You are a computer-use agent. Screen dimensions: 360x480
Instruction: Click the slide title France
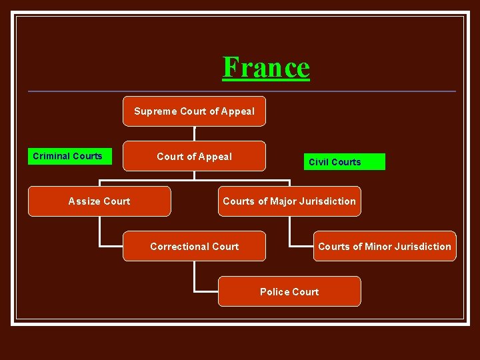(x=266, y=67)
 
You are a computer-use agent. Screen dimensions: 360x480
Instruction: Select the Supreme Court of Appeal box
(x=194, y=111)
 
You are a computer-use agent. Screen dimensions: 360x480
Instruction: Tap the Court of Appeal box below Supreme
(x=194, y=157)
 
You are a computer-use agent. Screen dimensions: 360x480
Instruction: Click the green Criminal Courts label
(x=68, y=157)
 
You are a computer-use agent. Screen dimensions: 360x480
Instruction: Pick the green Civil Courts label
(x=335, y=162)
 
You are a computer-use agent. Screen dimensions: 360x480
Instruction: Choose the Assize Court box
(x=99, y=201)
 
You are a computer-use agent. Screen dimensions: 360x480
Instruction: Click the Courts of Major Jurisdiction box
(x=289, y=201)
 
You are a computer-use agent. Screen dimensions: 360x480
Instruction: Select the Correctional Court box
(x=194, y=247)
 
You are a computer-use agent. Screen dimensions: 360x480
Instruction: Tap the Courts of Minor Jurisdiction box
(x=385, y=247)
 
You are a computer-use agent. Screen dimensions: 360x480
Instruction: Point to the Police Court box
(x=289, y=292)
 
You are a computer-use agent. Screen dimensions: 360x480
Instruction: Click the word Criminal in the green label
(x=52, y=157)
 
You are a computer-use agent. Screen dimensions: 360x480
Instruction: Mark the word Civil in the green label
(x=318, y=162)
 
